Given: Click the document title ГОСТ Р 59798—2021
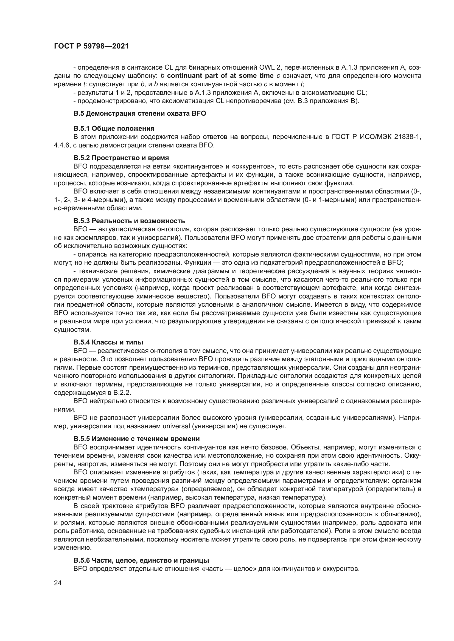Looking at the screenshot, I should click(91, 46).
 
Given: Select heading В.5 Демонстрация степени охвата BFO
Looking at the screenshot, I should click(139, 114).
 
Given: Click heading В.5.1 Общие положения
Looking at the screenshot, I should click(114, 129).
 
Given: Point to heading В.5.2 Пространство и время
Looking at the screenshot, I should click(121, 158).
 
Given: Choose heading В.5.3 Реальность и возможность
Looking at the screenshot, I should click(129, 221).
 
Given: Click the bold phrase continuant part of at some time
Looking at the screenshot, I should click(220, 76).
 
